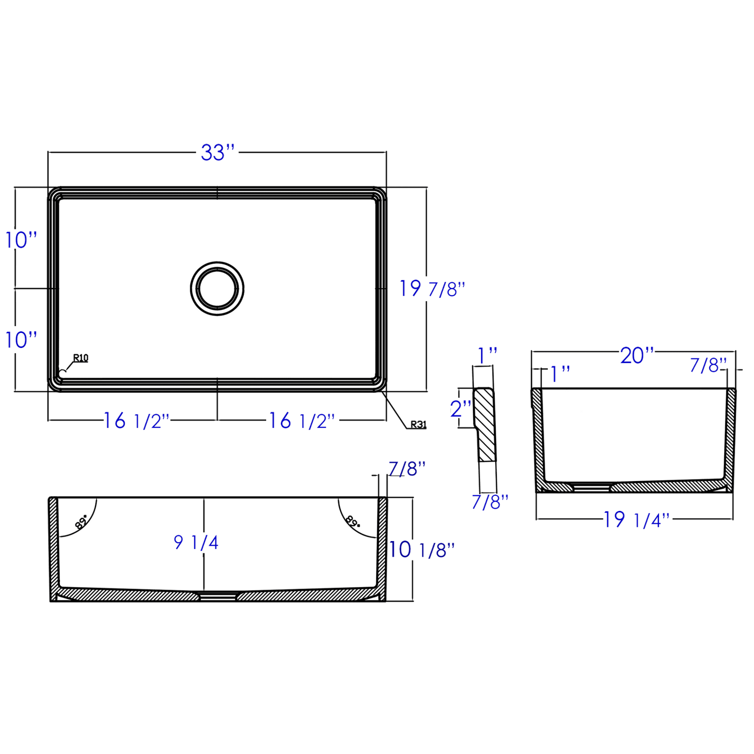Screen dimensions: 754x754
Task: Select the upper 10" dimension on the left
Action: tap(21, 240)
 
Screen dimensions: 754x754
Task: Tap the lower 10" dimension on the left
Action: tap(21, 340)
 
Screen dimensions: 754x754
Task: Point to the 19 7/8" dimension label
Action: tap(432, 289)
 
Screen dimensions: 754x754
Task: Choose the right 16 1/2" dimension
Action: tap(302, 421)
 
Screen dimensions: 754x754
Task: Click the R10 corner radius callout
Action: tap(80, 358)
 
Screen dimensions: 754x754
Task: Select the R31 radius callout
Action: tap(418, 425)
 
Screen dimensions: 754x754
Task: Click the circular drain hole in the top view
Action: tap(217, 289)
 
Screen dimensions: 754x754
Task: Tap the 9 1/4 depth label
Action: tap(196, 543)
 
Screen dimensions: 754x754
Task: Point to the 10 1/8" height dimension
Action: tap(422, 550)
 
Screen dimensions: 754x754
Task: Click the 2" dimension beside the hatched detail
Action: tap(460, 409)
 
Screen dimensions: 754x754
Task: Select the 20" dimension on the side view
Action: tap(637, 356)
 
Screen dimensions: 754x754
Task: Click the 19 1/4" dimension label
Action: tap(636, 520)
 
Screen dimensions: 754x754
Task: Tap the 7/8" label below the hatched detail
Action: tap(489, 502)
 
